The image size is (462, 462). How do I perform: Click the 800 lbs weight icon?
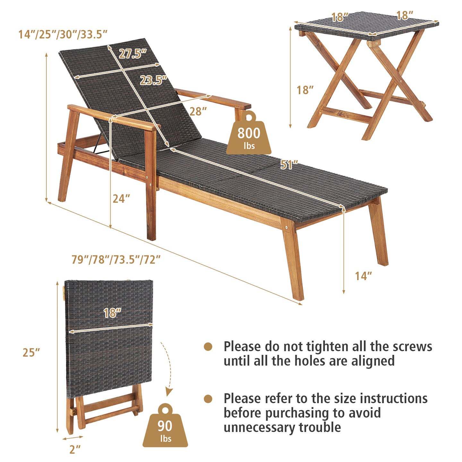pyautogui.click(x=249, y=133)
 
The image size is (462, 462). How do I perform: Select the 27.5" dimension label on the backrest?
pyautogui.click(x=133, y=54)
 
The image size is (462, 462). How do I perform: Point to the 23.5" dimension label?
pyautogui.click(x=153, y=80)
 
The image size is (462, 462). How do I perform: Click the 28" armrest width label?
pyautogui.click(x=198, y=111)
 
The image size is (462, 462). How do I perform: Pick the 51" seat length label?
pyautogui.click(x=289, y=165)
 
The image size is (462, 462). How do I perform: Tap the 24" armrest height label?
pyautogui.click(x=121, y=199)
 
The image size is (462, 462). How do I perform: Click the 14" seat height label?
pyautogui.click(x=363, y=276)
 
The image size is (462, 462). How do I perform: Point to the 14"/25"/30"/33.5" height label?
pyautogui.click(x=63, y=34)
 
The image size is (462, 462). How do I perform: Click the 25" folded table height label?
pyautogui.click(x=31, y=352)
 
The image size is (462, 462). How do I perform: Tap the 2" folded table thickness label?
pyautogui.click(x=75, y=449)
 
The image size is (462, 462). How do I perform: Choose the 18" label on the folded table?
pyautogui.click(x=112, y=313)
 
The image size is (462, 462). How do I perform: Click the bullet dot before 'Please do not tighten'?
pyautogui.click(x=208, y=346)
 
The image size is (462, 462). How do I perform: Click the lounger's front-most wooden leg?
pyautogui.click(x=294, y=260)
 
